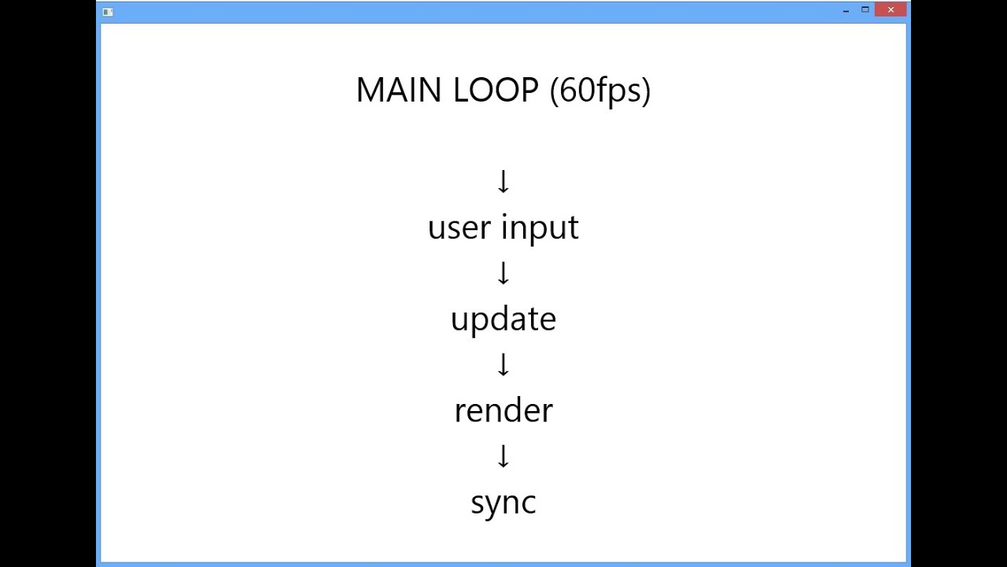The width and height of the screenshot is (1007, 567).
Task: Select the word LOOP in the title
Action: tap(496, 90)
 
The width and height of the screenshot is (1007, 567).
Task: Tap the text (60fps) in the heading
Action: tap(600, 91)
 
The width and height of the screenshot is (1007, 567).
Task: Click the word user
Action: tap(459, 228)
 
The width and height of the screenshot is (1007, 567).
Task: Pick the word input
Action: tap(540, 228)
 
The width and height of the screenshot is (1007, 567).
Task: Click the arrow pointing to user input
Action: tap(503, 181)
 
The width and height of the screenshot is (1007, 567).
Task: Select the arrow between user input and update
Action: tap(503, 272)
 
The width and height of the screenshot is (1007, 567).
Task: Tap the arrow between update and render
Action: tap(503, 364)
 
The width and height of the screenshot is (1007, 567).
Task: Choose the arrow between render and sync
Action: tap(503, 456)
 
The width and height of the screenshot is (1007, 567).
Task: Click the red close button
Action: tap(891, 10)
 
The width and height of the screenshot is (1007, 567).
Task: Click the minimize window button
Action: tap(846, 10)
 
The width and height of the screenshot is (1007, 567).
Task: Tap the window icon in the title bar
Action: tap(108, 12)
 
